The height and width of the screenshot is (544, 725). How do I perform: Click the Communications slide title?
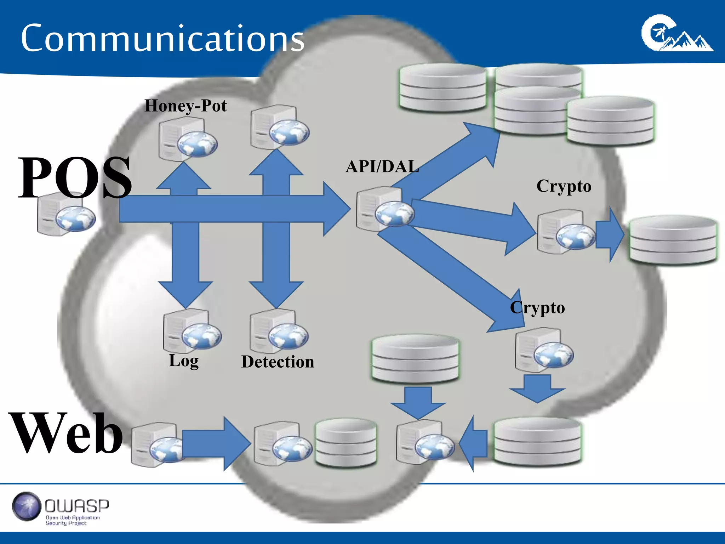tap(162, 38)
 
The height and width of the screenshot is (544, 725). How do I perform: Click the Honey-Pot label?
tap(185, 106)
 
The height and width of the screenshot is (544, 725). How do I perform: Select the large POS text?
tap(75, 177)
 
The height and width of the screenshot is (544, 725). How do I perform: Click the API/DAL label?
tap(382, 166)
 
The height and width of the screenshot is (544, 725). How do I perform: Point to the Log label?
tap(184, 361)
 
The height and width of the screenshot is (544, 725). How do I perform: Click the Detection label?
tap(278, 362)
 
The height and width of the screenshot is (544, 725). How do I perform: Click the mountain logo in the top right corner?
tap(677, 34)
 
